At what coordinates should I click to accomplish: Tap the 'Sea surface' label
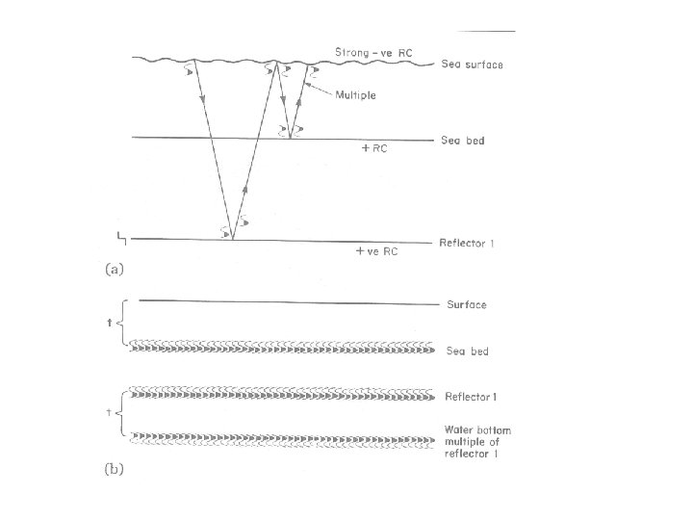(x=472, y=65)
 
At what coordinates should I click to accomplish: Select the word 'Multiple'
(x=355, y=94)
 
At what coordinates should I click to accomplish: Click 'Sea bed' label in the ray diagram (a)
(x=463, y=141)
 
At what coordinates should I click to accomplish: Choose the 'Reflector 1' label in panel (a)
(x=468, y=243)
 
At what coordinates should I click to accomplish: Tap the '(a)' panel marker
(x=114, y=271)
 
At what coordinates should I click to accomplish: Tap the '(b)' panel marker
(x=114, y=470)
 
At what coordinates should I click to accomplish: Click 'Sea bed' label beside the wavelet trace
(x=467, y=351)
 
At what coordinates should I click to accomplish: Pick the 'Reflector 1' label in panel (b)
(x=470, y=396)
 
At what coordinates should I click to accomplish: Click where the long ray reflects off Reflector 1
(x=233, y=239)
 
